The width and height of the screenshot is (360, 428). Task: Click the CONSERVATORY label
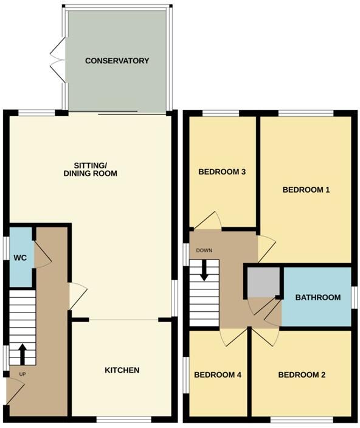point(117,61)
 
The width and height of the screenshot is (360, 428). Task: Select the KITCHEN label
point(122,370)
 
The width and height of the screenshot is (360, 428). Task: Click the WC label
point(20,258)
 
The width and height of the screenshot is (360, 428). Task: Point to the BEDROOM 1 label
point(306,190)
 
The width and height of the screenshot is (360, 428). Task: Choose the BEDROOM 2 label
point(302,375)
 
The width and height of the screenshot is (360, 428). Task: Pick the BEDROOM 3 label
point(222,172)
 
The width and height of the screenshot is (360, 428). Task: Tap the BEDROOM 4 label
point(218,375)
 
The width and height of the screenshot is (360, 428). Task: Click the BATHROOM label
point(317,297)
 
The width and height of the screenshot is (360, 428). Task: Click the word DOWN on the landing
point(203,250)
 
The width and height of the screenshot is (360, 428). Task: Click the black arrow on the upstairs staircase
point(204,269)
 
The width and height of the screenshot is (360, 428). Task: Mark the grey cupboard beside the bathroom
point(263,283)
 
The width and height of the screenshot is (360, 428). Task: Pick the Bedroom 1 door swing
point(266,247)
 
